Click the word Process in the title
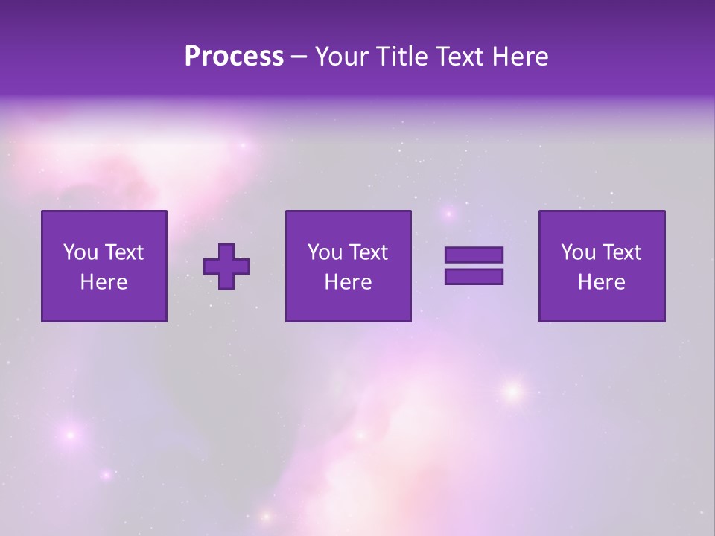pyautogui.click(x=234, y=57)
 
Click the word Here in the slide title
pyautogui.click(x=521, y=57)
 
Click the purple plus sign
pyautogui.click(x=226, y=267)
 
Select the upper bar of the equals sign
pyautogui.click(x=474, y=255)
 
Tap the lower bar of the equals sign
pyautogui.click(x=474, y=277)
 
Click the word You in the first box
pyautogui.click(x=80, y=252)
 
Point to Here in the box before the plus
pyautogui.click(x=104, y=282)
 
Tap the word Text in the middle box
pyautogui.click(x=368, y=252)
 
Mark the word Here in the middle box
pyautogui.click(x=349, y=282)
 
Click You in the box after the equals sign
pyautogui.click(x=578, y=252)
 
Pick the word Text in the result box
pyautogui.click(x=621, y=252)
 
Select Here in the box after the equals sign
pyautogui.click(x=602, y=282)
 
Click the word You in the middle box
pyautogui.click(x=325, y=252)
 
